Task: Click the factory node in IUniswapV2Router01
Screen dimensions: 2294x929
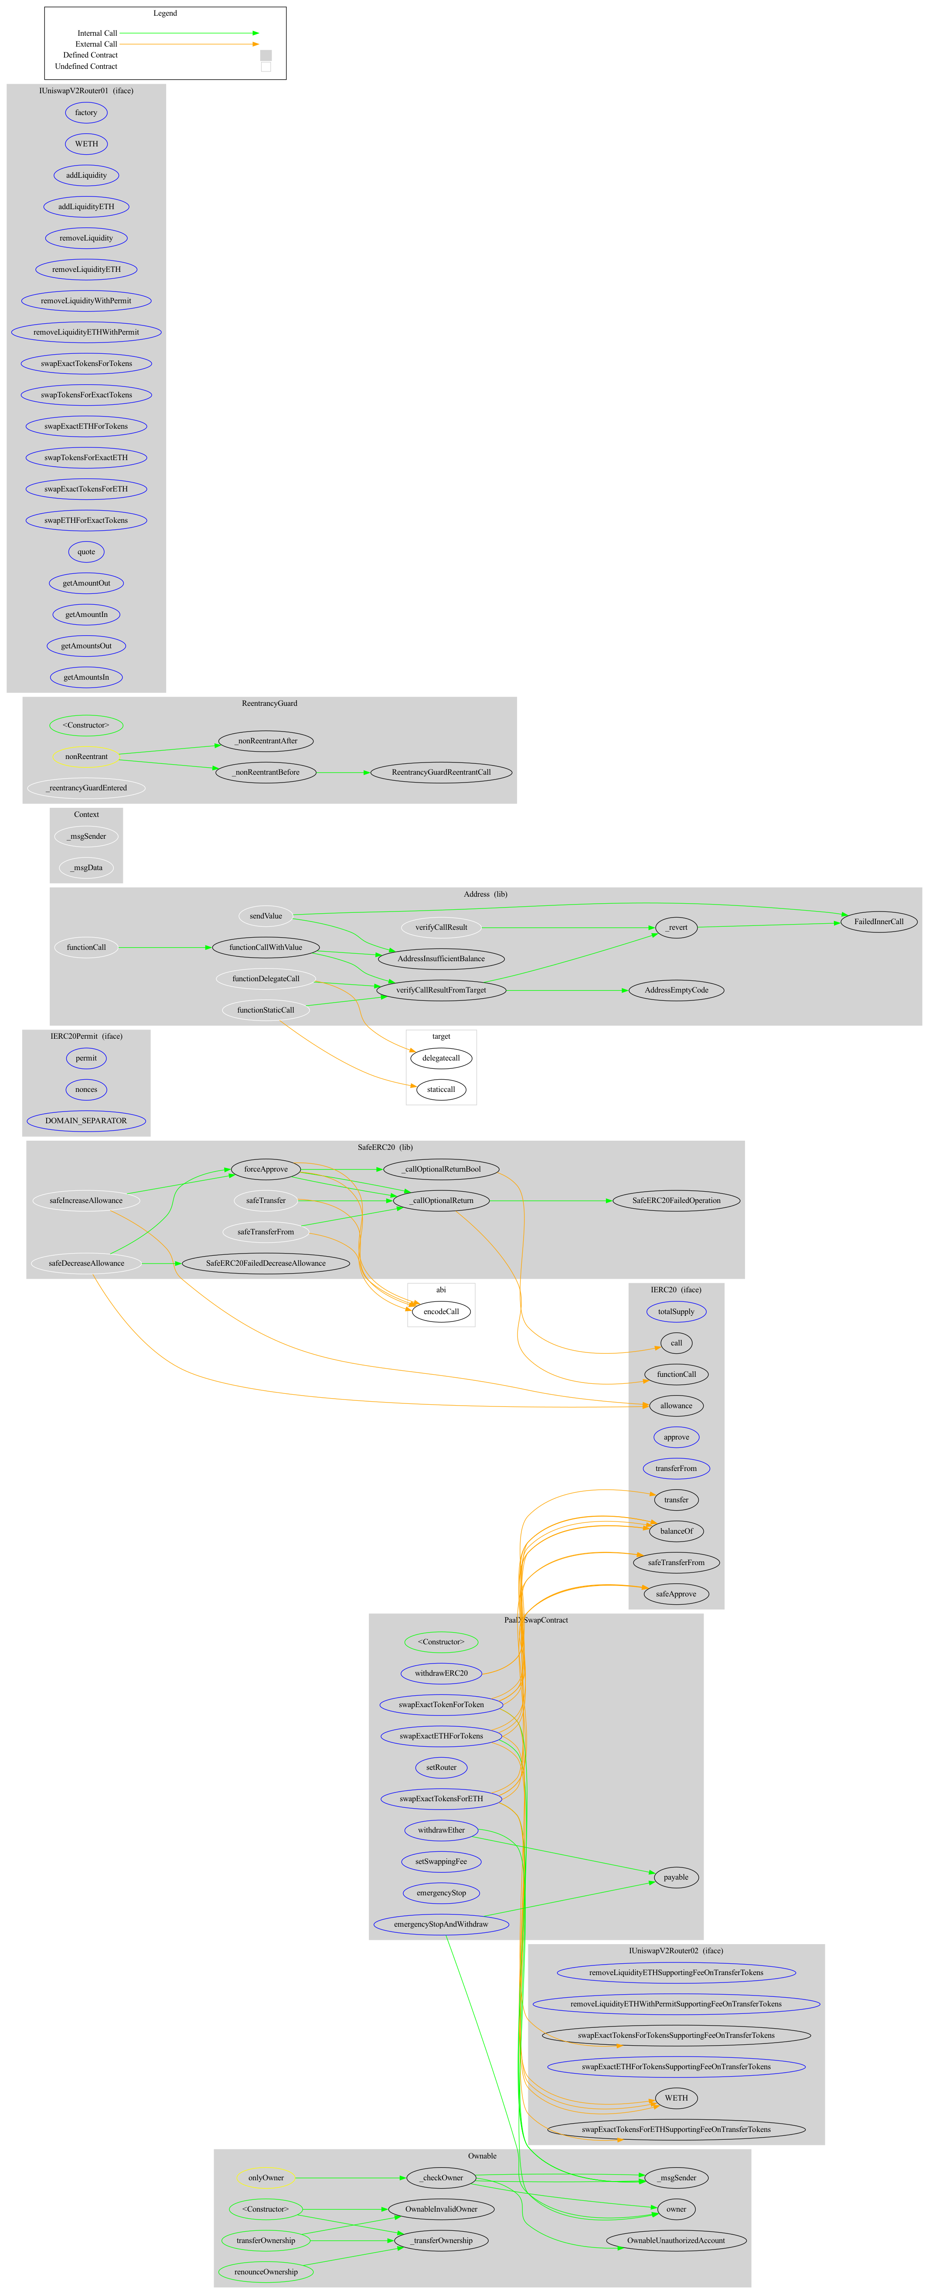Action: click(86, 112)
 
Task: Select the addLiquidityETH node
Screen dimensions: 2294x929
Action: click(86, 207)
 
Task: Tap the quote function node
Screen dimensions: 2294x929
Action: click(86, 551)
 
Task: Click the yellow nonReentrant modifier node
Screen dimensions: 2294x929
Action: click(86, 756)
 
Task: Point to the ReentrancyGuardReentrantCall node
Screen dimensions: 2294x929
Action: click(441, 772)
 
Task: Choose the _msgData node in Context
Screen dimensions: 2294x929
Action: click(86, 867)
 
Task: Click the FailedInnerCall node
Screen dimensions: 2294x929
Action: click(878, 922)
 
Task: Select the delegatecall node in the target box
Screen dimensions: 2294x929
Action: click(441, 1058)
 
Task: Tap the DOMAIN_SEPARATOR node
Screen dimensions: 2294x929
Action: click(86, 1120)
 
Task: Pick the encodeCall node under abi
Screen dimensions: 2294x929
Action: click(441, 1312)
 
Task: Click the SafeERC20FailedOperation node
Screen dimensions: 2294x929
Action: click(676, 1200)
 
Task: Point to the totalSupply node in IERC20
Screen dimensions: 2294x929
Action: click(676, 1312)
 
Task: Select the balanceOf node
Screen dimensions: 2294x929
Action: click(676, 1531)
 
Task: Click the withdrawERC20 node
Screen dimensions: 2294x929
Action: click(441, 1672)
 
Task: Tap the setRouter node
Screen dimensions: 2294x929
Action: click(441, 1767)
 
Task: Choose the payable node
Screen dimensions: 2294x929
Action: click(676, 1876)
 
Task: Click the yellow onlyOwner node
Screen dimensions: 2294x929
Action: click(265, 2177)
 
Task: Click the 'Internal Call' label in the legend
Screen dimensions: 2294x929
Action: click(97, 33)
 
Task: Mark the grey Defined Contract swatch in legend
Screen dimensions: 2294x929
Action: click(265, 55)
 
